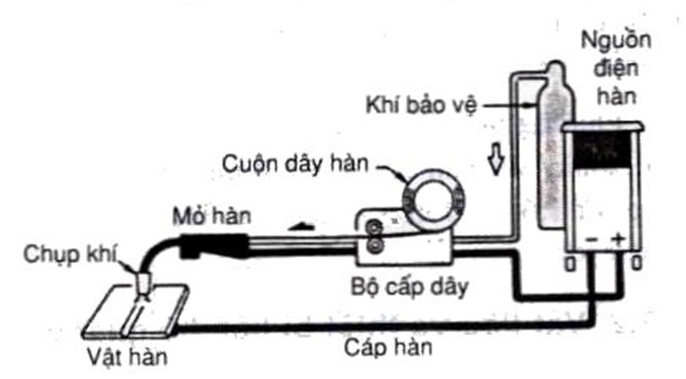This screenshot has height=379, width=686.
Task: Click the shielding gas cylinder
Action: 553,144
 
